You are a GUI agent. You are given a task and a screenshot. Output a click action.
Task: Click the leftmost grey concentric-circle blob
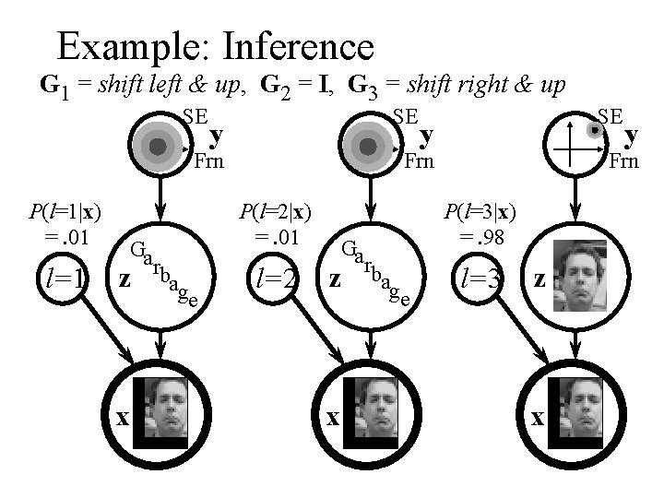click(x=159, y=146)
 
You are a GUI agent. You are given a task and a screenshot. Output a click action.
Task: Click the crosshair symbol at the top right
click(x=575, y=146)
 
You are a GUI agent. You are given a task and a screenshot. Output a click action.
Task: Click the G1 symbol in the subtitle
click(x=52, y=87)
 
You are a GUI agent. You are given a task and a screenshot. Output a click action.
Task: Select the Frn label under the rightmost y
click(x=624, y=163)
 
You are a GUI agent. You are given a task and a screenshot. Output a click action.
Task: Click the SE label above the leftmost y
click(x=195, y=116)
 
